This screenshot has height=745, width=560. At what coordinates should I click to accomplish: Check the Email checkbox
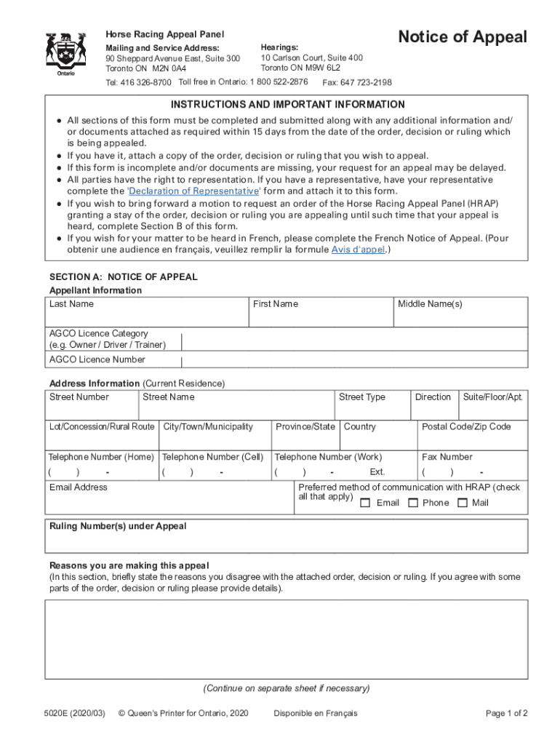pyautogui.click(x=365, y=503)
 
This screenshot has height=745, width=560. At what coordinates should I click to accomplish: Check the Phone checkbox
pyautogui.click(x=412, y=503)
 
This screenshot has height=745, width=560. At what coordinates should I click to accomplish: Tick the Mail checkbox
pyautogui.click(x=462, y=503)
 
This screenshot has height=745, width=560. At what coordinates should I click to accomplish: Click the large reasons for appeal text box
pyautogui.click(x=286, y=639)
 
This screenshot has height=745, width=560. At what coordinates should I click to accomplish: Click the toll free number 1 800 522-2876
pyautogui.click(x=279, y=82)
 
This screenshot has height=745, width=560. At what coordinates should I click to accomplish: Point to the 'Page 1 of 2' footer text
pyautogui.click(x=506, y=713)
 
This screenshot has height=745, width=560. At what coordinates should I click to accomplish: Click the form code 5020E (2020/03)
pyautogui.click(x=73, y=713)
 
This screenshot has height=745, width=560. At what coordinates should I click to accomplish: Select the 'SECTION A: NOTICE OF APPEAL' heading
pyautogui.click(x=123, y=277)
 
